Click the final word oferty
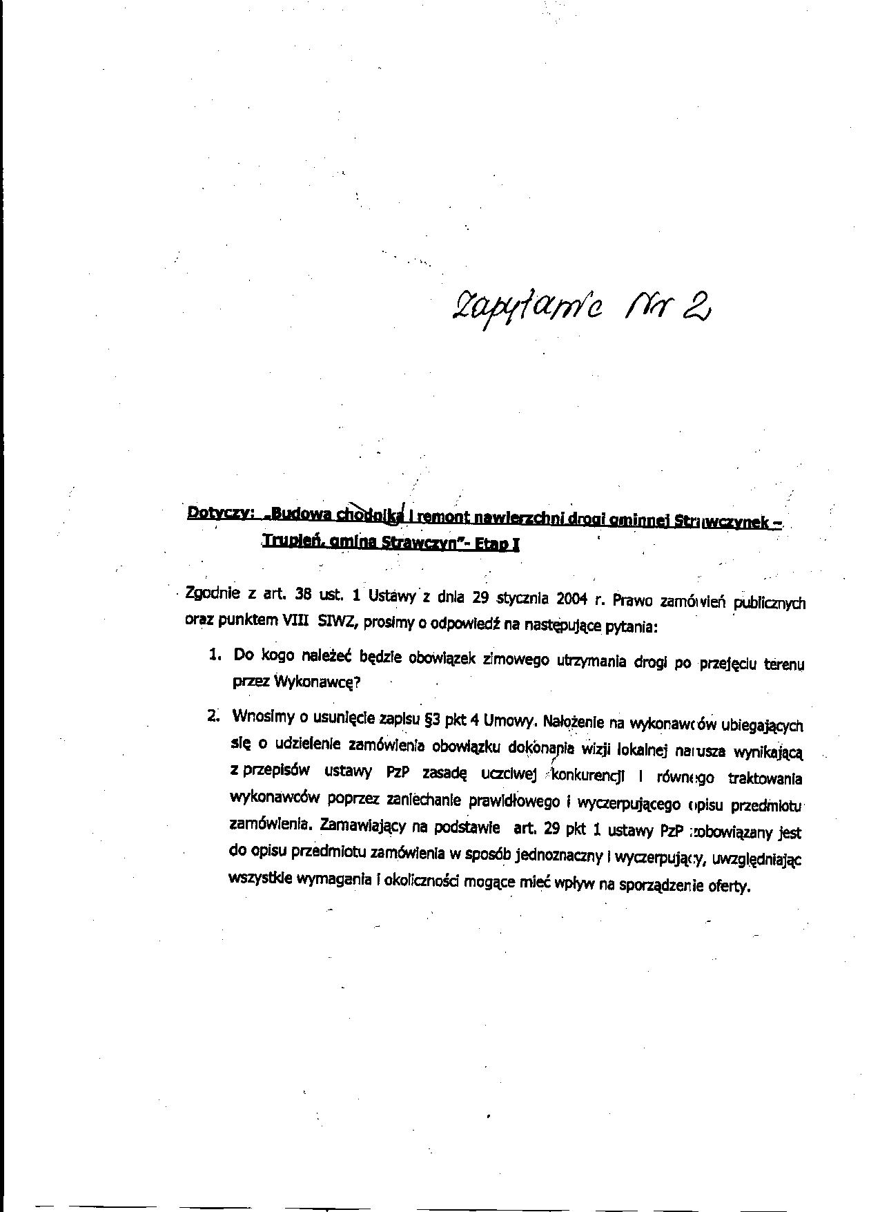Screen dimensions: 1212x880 (x=728, y=886)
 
